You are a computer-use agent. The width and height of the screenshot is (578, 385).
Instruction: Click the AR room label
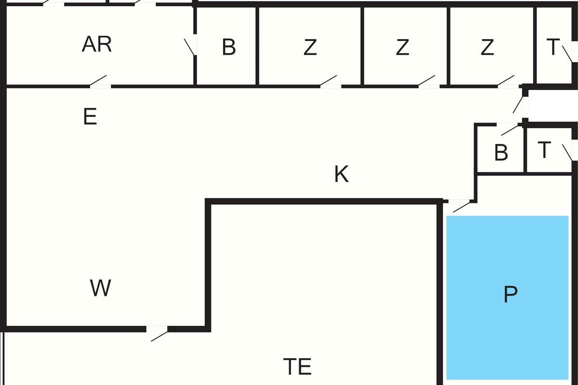[97, 44]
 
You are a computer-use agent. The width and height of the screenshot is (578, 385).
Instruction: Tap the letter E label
[90, 117]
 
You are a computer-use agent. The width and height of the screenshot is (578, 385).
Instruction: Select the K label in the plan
[341, 174]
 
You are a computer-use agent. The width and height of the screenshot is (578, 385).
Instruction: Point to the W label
[101, 288]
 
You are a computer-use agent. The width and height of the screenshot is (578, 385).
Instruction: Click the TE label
[298, 367]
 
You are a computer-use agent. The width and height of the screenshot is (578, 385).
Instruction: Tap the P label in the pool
[510, 295]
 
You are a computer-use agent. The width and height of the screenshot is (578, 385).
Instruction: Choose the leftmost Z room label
[310, 48]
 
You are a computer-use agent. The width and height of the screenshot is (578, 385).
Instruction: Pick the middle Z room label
[402, 48]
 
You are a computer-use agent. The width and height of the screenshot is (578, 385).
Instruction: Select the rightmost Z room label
[487, 48]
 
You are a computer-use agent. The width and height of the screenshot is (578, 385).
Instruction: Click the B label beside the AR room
[229, 48]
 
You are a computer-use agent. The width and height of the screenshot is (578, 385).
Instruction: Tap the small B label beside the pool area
[501, 153]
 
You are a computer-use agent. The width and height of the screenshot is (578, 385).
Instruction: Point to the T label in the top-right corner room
[553, 47]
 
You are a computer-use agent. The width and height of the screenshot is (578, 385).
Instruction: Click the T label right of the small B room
[544, 150]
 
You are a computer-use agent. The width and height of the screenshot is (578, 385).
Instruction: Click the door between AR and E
[100, 83]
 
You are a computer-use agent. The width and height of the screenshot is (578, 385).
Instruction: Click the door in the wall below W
[157, 332]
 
